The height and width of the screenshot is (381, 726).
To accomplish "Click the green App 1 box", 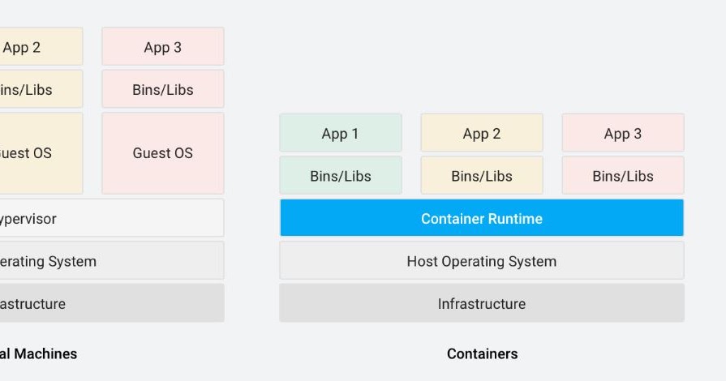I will tap(341, 133).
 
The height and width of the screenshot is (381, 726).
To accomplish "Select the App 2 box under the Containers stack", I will tap(482, 133).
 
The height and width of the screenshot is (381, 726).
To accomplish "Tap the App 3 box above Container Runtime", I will tap(623, 133).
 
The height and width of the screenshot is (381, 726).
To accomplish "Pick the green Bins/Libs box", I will tap(341, 175).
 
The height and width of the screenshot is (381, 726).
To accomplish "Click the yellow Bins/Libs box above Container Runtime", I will tap(482, 175).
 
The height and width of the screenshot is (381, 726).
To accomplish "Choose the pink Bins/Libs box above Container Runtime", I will tap(623, 175).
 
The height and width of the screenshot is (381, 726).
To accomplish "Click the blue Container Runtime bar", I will tap(482, 218).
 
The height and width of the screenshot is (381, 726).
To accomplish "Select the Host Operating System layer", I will tap(482, 261).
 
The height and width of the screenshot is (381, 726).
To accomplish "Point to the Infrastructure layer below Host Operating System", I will tap(482, 303).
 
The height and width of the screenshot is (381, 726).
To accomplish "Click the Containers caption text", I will tap(482, 353).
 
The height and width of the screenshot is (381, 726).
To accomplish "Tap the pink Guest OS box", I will tap(163, 152).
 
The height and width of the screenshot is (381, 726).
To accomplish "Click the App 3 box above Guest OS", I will tap(163, 47).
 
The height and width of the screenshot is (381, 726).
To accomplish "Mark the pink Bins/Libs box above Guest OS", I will tap(163, 89).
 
